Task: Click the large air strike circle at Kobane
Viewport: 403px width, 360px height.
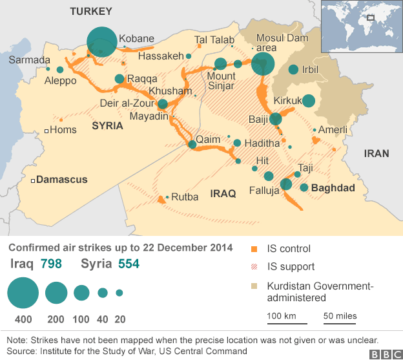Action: tap(102, 42)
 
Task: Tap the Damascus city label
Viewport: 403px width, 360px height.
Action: tap(61, 180)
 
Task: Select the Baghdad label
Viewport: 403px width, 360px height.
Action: tap(333, 188)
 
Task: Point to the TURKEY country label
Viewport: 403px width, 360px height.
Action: tap(91, 11)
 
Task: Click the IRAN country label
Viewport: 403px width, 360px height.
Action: tap(377, 153)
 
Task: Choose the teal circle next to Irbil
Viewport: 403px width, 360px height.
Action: tap(293, 70)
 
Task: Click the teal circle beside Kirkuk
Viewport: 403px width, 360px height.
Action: tap(309, 101)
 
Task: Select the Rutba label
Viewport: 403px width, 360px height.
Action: tap(185, 196)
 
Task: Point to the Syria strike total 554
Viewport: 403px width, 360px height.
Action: tap(126, 264)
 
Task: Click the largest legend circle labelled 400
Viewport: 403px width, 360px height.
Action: tap(23, 293)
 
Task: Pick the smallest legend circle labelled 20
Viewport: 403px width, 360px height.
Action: tap(119, 293)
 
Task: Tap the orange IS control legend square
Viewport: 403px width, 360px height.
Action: tap(254, 249)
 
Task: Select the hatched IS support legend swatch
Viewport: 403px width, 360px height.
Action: tap(254, 266)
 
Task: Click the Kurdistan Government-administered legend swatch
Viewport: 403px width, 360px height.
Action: tap(254, 286)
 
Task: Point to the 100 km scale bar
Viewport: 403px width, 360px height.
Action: tap(283, 320)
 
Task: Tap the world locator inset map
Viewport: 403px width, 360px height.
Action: tap(362, 25)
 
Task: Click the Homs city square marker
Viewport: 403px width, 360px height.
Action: tap(46, 131)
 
